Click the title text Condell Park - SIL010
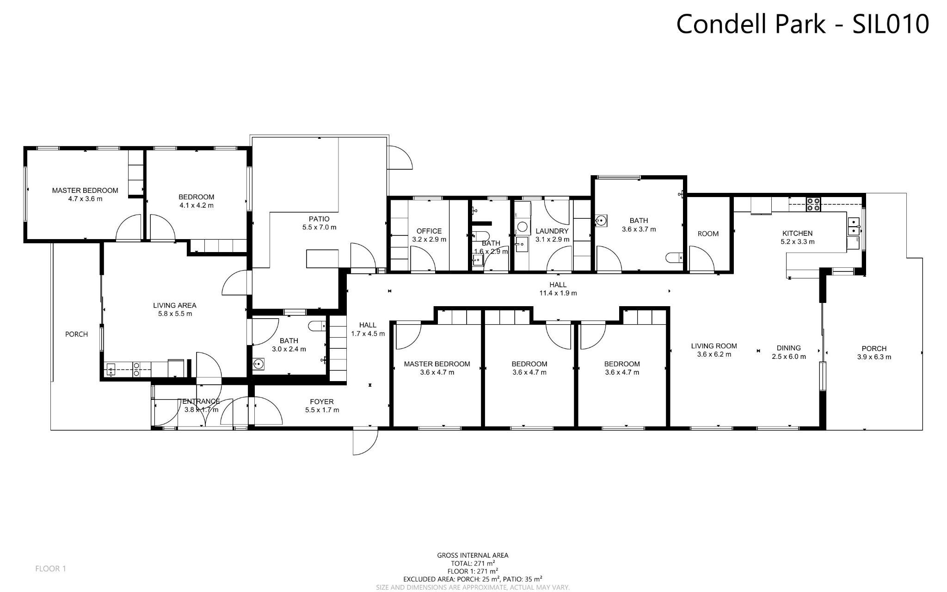point(802,24)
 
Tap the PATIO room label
point(319,219)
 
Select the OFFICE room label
point(429,231)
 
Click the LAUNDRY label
point(552,231)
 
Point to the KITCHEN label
point(797,233)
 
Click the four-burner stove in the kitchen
point(813,204)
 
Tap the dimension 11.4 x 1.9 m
point(558,293)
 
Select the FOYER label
point(321,401)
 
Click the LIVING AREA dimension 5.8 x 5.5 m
point(174,314)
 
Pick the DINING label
point(788,348)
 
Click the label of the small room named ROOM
point(707,234)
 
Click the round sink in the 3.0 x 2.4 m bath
point(258,364)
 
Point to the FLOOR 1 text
point(50,568)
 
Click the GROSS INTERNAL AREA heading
point(473,555)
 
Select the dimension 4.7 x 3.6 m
point(85,199)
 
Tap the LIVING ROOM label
point(713,346)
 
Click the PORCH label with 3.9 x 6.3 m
point(874,349)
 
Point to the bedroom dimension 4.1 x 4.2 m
point(196,205)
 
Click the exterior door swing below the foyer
point(364,442)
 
